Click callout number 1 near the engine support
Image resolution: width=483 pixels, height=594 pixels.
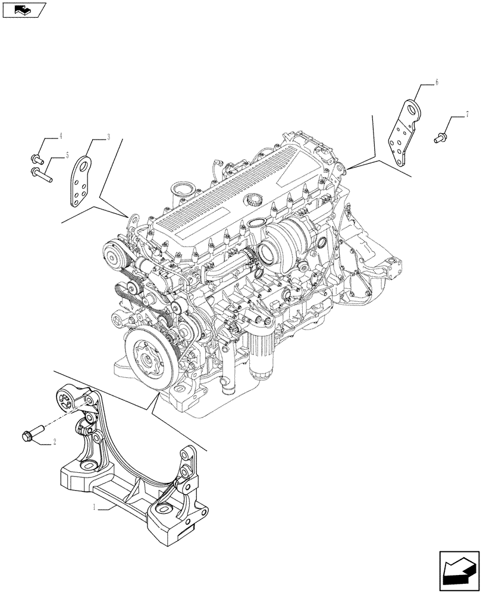click(93, 508)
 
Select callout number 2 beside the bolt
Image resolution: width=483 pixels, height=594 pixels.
click(55, 441)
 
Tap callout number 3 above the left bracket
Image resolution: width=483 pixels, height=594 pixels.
click(108, 137)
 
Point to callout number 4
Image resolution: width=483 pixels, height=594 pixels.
click(60, 137)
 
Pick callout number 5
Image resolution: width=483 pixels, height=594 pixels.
click(67, 155)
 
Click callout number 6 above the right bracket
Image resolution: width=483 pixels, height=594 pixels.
click(436, 83)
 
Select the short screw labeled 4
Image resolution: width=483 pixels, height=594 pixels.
click(36, 159)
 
